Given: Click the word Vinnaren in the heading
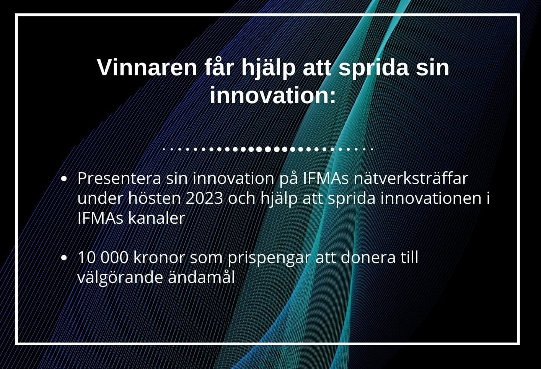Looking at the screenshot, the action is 147,68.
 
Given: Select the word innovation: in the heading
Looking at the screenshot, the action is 273,95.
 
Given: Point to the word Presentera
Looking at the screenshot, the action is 119,179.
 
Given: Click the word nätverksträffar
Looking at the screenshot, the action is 411,178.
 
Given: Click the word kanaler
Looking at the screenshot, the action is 156,218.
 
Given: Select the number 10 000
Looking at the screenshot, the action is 103,257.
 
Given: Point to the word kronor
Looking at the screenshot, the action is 159,257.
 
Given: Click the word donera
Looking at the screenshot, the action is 368,257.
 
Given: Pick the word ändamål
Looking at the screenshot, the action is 201,277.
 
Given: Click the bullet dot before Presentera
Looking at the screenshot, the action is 64,179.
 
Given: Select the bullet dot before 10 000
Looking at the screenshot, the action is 64,258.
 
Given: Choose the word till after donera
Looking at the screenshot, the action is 409,257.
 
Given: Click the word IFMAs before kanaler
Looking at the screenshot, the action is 100,218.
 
